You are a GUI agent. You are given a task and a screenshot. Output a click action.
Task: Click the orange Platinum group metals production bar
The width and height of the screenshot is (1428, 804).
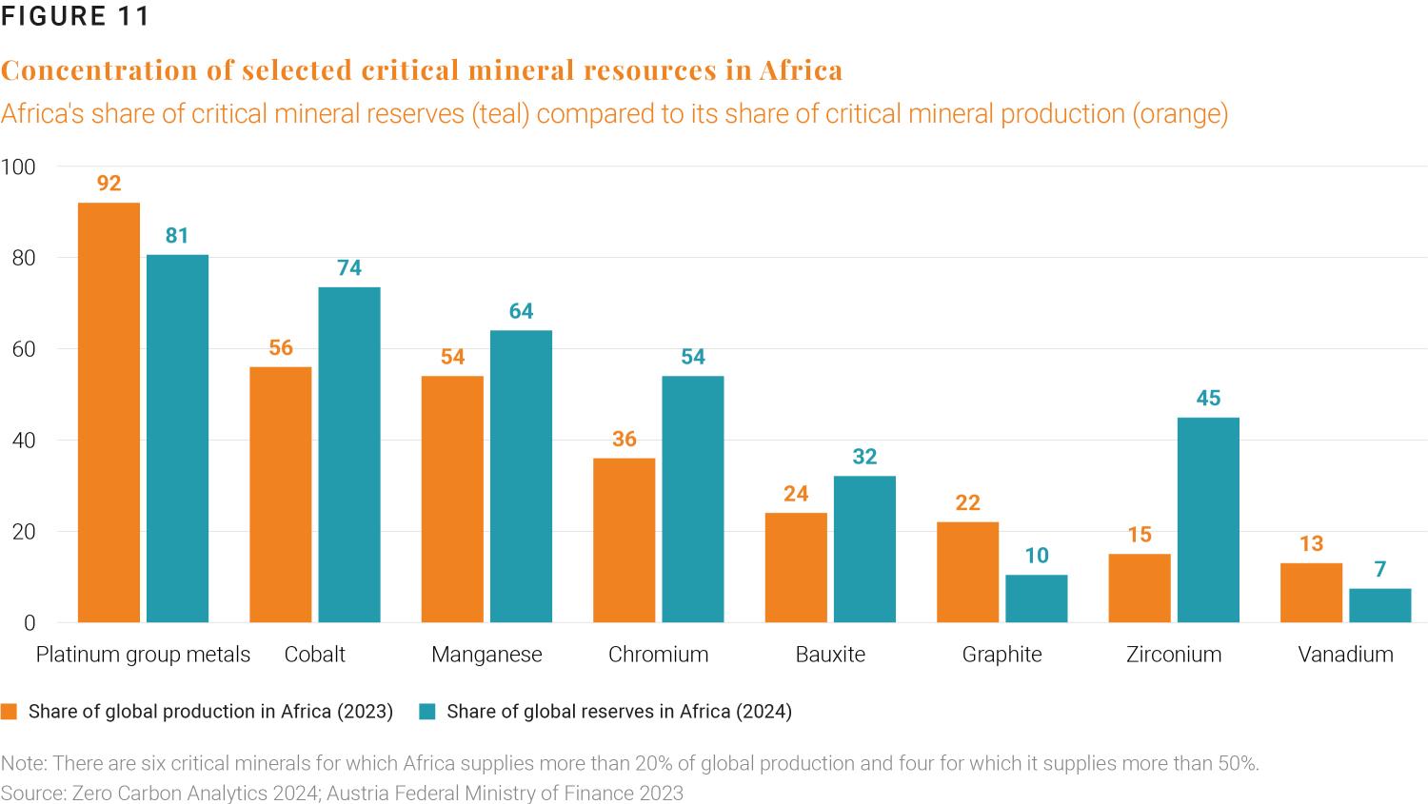109,412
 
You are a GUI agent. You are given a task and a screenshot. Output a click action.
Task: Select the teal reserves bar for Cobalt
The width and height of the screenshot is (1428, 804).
349,454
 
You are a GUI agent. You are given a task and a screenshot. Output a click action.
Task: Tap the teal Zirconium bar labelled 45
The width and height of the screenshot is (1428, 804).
1208,520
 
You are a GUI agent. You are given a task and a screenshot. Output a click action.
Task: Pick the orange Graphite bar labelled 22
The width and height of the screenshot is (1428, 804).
967,572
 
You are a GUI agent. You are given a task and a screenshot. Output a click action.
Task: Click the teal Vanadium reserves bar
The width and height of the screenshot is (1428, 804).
1379,605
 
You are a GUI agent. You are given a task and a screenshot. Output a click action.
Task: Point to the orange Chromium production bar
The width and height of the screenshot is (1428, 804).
624,539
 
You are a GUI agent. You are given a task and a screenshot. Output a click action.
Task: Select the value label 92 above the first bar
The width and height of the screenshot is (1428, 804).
109,184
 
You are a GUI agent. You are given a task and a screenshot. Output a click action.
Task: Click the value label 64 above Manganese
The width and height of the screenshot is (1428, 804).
521,311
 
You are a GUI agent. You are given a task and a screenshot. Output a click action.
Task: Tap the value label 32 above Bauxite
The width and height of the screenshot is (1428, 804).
864,457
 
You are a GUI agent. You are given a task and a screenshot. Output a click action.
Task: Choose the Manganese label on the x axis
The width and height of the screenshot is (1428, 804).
486,655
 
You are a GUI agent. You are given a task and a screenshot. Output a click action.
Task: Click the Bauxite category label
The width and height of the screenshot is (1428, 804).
830,655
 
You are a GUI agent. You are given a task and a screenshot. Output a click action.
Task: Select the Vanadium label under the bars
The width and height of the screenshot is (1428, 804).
1345,655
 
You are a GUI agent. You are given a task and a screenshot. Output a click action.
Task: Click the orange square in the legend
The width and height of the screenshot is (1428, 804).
10,712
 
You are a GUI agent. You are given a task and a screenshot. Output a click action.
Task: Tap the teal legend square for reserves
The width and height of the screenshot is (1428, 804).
427,712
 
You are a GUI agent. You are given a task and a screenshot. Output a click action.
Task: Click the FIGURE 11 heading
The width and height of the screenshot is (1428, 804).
75,17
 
